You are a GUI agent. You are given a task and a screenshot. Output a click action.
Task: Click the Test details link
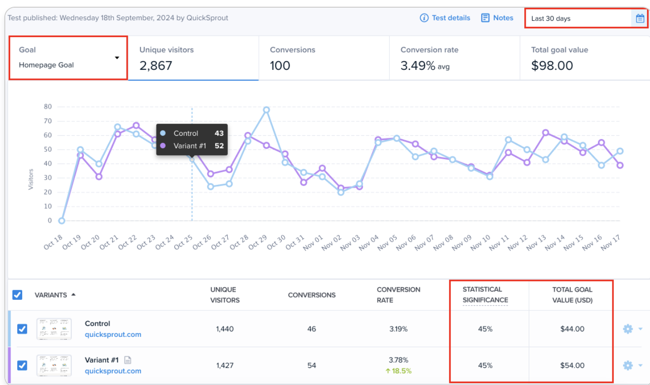click(x=445, y=18)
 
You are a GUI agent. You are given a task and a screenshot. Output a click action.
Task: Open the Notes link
click(x=497, y=18)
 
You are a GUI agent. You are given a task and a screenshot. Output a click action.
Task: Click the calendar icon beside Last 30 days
click(x=639, y=19)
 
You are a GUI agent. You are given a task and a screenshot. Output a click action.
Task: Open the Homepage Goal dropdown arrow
click(x=117, y=58)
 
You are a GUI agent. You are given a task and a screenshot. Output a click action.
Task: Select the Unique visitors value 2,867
click(x=156, y=65)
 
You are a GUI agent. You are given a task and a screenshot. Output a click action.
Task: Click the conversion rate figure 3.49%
click(x=418, y=65)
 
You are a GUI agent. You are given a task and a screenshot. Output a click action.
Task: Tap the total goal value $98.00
click(x=552, y=65)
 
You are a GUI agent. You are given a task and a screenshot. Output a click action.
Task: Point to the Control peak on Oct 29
click(x=266, y=110)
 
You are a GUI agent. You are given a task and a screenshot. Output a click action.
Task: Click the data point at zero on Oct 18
click(x=62, y=221)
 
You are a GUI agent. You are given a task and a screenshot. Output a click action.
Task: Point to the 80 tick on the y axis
click(x=47, y=106)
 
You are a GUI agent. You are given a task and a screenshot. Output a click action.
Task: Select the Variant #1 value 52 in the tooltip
click(x=219, y=146)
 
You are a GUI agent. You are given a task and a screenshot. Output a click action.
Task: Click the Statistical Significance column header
click(x=485, y=295)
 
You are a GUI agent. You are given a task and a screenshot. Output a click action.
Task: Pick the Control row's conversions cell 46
click(x=312, y=329)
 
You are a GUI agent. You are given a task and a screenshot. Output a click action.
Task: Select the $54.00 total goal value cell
click(x=572, y=365)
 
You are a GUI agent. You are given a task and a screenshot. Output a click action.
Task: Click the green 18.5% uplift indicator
click(x=399, y=371)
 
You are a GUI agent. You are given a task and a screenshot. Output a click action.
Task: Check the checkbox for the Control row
click(x=22, y=329)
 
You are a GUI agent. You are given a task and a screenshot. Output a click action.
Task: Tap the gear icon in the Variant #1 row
click(x=628, y=365)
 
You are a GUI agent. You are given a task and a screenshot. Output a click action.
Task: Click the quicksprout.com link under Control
click(x=113, y=334)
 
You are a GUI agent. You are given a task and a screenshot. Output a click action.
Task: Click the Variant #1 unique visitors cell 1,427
click(x=224, y=365)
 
